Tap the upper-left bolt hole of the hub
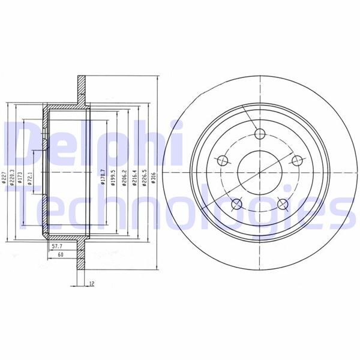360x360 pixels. (x=223, y=160)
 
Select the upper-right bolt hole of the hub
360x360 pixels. (x=296, y=160)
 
